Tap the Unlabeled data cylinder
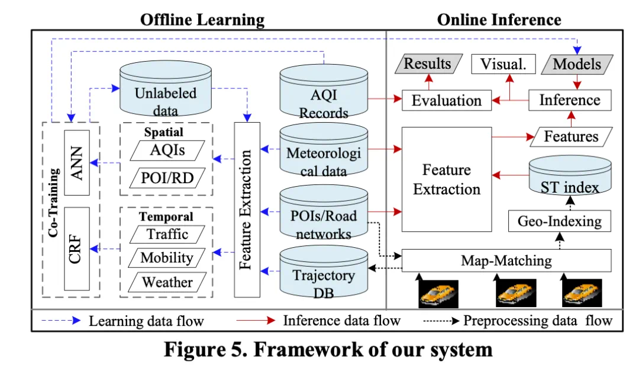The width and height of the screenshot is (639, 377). pos(166,95)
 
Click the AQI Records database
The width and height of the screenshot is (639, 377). pos(324,95)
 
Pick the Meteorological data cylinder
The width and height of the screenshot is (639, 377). pos(324,155)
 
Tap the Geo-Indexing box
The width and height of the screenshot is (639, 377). pos(559,222)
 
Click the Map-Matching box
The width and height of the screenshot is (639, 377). pos(506,260)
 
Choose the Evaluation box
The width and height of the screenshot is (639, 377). pos(447,100)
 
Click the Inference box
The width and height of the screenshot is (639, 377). pos(569,100)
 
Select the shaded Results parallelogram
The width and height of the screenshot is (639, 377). pos(427,64)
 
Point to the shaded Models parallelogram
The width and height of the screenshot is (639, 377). pos(577,64)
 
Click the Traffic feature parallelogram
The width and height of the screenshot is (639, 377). pos(168,234)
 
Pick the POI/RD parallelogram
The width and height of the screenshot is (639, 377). pos(168,177)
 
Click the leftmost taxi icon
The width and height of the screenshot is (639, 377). pos(438,293)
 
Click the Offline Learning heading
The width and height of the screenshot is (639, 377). pos(202,20)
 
